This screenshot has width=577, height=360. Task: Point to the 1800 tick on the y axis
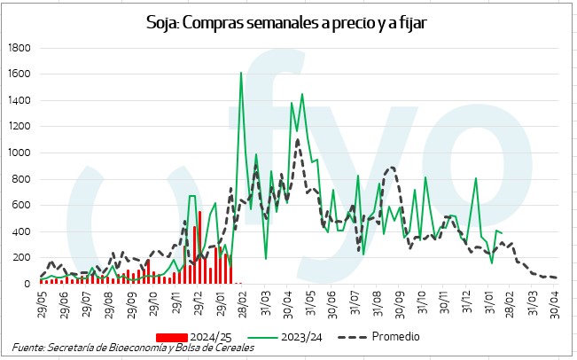19,48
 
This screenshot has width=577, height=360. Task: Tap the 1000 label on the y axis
19,153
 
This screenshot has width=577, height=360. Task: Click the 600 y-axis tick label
21,206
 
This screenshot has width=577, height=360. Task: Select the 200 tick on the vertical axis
21,258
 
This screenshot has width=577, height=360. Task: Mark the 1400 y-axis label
19,101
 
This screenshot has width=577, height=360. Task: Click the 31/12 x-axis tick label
468,304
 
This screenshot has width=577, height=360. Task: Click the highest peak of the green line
241,74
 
